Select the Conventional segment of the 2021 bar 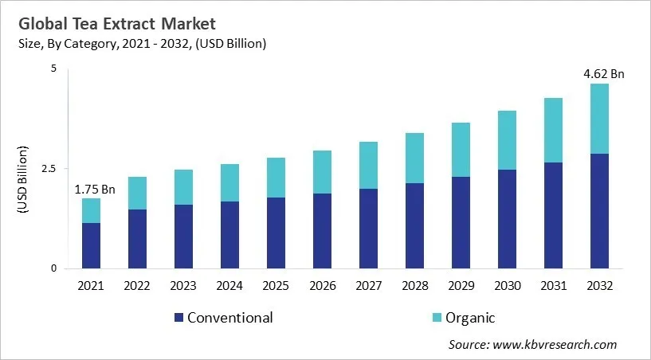(91, 245)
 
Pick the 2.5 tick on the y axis (49, 169)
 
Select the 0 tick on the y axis (54, 268)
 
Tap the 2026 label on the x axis (322, 285)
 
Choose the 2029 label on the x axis (461, 285)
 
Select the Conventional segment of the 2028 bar (414, 225)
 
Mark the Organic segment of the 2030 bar (507, 140)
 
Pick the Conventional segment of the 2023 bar (183, 237)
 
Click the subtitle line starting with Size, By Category (141, 44)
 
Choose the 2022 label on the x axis (137, 285)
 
